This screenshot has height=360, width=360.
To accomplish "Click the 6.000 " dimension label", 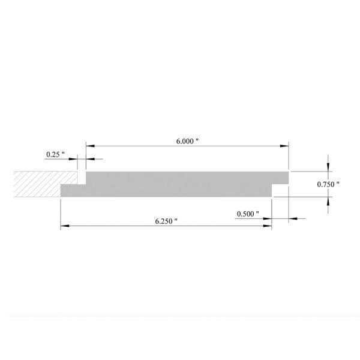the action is tap(187, 141).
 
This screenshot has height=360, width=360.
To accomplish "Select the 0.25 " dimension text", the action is tap(55, 155).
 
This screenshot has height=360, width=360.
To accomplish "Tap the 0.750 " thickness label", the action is tap(328, 184).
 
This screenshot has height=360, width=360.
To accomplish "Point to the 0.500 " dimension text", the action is tap(248, 214).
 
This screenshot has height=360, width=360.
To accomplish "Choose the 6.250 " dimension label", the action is tap(166, 221).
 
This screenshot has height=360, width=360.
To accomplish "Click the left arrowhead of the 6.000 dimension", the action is tap(90, 146).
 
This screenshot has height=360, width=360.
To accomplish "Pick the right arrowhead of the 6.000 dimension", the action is tap(284, 146).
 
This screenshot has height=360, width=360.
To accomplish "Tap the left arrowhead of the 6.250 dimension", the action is tap(65, 226).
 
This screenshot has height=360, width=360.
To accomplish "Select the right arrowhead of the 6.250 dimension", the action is tap(268, 226).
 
